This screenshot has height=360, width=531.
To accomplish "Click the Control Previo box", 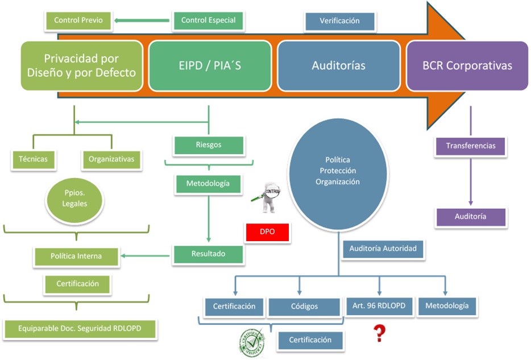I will (78, 20).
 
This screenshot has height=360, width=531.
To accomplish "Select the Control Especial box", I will (208, 20).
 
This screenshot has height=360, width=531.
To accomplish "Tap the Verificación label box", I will (339, 21).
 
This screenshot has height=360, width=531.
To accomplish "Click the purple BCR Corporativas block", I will (467, 65).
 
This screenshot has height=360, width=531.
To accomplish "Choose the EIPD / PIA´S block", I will (209, 65).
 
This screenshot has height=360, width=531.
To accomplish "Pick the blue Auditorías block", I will (338, 65).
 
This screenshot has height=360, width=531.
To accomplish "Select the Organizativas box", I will (111, 159).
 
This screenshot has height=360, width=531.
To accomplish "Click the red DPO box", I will (267, 233).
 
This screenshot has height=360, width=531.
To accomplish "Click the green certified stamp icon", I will (252, 342).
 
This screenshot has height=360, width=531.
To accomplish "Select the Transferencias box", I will (470, 146).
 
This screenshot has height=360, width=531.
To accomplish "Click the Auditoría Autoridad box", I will (383, 249).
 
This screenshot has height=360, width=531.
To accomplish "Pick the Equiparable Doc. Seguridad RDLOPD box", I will (80, 328).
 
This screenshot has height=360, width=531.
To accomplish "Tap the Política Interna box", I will (76, 256).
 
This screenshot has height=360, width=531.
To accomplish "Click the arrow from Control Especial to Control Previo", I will (142, 21).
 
